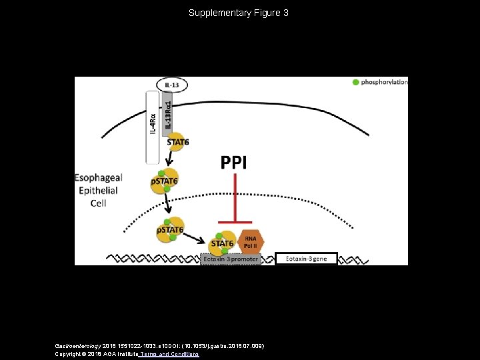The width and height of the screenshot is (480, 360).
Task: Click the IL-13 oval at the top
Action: pos(172,85)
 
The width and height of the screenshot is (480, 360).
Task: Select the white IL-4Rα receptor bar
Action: pos(152,127)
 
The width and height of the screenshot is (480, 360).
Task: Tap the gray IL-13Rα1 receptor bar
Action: pos(167,113)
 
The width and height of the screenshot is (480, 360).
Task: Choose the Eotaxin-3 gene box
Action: pos(307,258)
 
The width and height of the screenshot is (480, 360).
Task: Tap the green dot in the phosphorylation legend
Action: pos(355,82)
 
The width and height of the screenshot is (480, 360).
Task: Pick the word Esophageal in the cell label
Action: pos(98,178)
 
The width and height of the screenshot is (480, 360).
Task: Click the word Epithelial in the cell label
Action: pos(98,191)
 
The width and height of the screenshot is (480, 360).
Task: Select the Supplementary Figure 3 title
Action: pos(239,13)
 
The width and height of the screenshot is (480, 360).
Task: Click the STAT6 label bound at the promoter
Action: pos(222,243)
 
